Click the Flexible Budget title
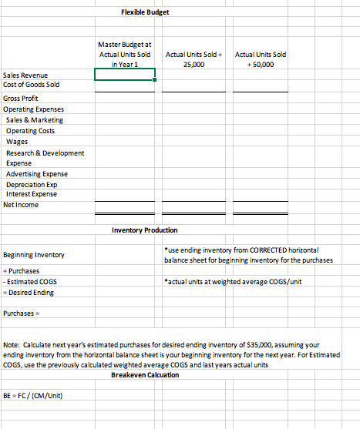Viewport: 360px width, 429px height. click(145, 13)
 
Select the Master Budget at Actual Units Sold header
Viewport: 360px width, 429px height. click(125, 55)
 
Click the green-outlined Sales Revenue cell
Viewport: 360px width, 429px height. click(125, 75)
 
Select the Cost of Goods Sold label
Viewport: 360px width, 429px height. click(32, 85)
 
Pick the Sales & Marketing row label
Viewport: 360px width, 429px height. click(35, 120)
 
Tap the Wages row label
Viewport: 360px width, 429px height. click(16, 142)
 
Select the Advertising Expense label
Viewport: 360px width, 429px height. click(36, 174)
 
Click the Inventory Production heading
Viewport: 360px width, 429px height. click(145, 230)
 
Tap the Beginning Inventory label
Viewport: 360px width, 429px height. click(34, 254)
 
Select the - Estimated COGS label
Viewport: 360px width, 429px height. click(29, 282)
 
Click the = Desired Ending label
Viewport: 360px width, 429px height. click(29, 292)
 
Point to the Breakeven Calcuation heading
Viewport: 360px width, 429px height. click(145, 374)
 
